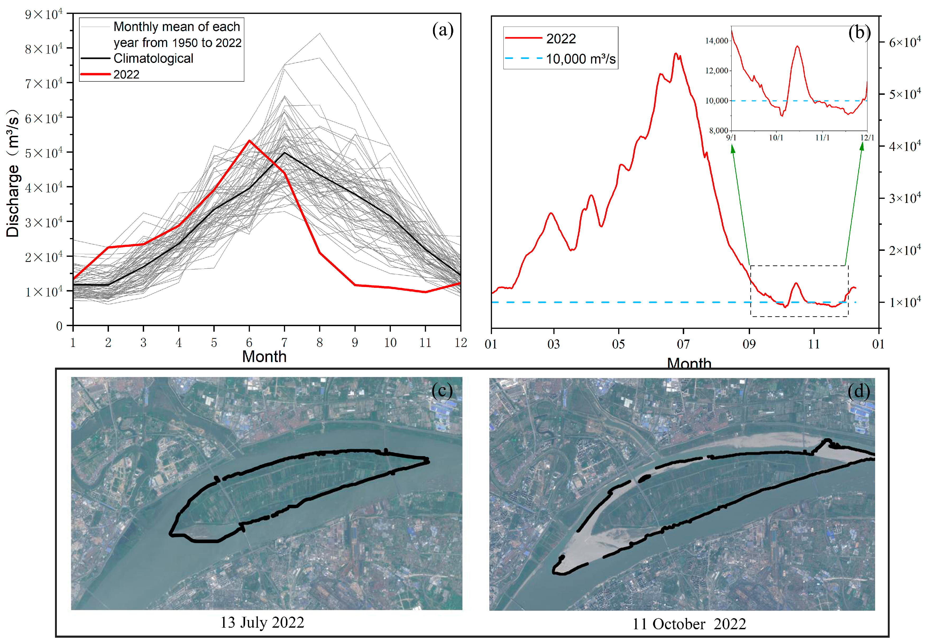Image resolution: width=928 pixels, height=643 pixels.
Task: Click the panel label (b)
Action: tap(859, 33)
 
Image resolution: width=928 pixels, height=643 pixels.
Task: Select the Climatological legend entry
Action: tap(153, 58)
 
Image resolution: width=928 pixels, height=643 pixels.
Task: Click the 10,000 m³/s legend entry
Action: tap(580, 59)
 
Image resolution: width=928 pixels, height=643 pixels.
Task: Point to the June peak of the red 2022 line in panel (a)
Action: tap(249, 141)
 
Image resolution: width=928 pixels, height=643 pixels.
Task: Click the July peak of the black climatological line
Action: tap(284, 153)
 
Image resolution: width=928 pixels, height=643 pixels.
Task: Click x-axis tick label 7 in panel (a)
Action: tap(284, 343)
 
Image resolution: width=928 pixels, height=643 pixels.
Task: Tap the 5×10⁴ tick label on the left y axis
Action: tap(44, 153)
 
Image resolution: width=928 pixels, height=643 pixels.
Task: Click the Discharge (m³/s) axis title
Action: tap(13, 173)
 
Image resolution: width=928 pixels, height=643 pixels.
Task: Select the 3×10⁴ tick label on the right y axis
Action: tap(905, 198)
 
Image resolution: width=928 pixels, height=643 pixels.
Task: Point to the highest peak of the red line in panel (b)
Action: tap(676, 54)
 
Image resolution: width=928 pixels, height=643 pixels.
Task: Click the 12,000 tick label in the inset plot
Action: tap(716, 71)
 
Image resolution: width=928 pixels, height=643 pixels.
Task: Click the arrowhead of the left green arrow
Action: tap(733, 149)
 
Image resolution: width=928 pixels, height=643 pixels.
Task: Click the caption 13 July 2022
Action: tap(262, 622)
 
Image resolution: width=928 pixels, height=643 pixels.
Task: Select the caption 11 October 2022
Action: tap(689, 624)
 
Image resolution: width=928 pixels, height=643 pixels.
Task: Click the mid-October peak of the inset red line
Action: tap(797, 47)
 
